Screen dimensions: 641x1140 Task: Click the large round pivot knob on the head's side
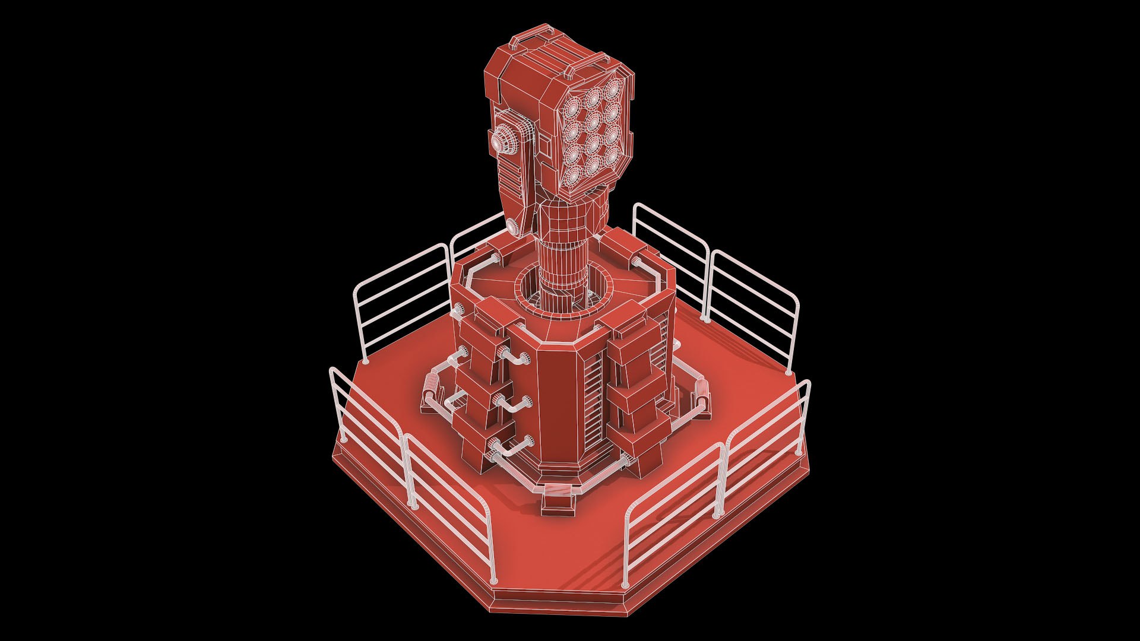(x=503, y=141)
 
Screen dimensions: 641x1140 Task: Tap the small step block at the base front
(x=558, y=502)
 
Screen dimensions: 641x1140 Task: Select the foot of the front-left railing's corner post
(x=413, y=504)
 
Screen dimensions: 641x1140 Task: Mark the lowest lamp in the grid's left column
(x=574, y=174)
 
